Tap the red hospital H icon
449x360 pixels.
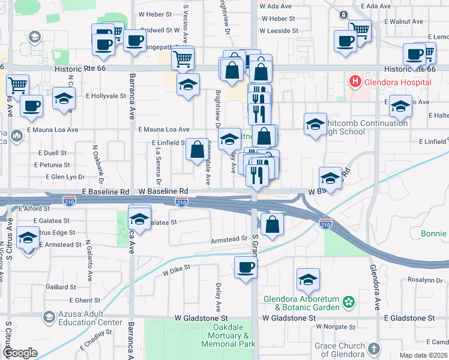point(355,80)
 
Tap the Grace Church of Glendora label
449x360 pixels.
point(340,350)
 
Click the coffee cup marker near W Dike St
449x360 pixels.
point(246,267)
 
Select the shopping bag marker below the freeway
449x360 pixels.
point(273,225)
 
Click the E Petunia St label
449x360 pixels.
point(52,164)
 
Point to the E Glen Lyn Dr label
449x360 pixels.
point(66,177)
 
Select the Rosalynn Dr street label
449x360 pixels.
point(425,280)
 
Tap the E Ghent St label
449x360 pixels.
point(85,300)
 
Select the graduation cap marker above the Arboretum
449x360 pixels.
point(308,279)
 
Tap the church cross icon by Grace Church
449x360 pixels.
point(374,349)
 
